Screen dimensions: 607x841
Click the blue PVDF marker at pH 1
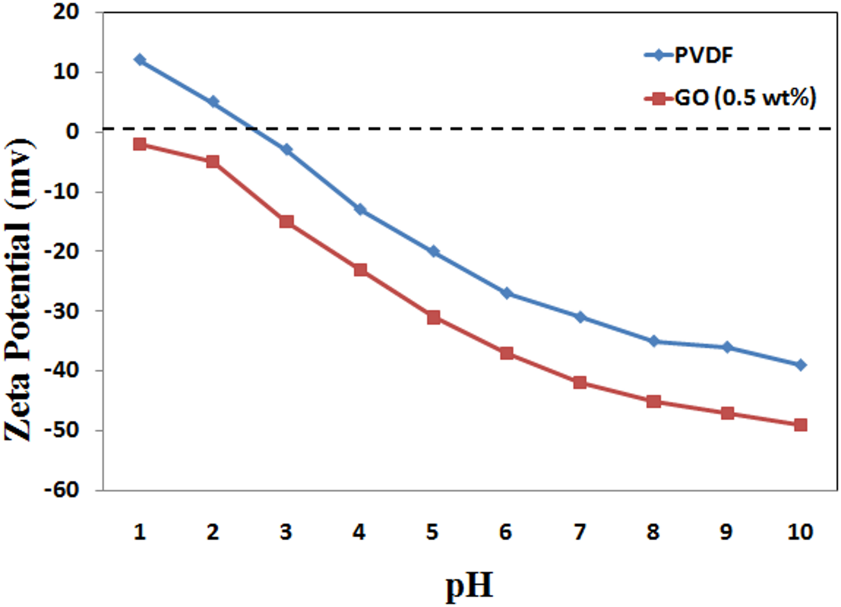[139, 59]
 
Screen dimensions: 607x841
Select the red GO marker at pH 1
[139, 144]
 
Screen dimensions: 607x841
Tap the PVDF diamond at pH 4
[360, 209]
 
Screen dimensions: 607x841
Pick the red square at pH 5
[433, 318]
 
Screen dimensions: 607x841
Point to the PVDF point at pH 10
[800, 365]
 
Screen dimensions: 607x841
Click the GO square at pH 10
[800, 425]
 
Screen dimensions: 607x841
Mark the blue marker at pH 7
[580, 317]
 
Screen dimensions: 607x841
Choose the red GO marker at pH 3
[286, 221]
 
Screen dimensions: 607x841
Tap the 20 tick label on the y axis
[66, 12]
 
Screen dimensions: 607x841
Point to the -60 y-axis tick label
[61, 490]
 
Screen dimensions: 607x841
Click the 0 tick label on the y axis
[73, 132]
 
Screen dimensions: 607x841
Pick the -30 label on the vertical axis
[61, 311]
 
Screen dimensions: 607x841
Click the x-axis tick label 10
[800, 532]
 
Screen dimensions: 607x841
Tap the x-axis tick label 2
[213, 532]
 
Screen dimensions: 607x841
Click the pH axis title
[469, 586]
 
